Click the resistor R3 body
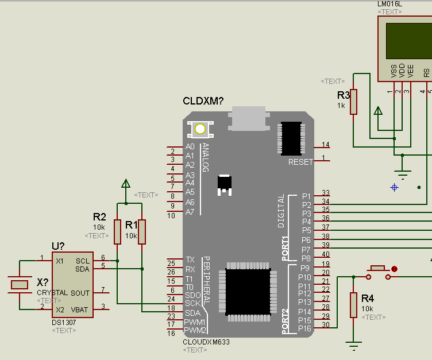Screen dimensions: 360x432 pos(354,102)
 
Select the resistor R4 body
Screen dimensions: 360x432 pos(354,304)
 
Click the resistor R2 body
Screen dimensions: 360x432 pos(117,231)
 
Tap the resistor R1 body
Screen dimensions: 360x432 pos(142,231)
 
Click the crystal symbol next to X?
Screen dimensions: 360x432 pos(20,284)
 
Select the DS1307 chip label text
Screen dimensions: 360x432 pos(63,323)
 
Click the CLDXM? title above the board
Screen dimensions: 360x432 pos(203,101)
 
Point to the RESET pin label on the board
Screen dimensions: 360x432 pos(300,162)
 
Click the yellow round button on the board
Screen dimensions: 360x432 pos(200,129)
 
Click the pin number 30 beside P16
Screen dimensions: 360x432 pos(326,325)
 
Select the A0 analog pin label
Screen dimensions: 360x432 pos(190,147)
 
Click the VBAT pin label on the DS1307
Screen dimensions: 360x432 pos(80,309)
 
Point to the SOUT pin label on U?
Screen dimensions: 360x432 pos(80,293)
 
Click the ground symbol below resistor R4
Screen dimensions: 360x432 pos(354,346)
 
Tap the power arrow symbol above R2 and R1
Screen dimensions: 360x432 pos(125,184)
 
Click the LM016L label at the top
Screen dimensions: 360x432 pos(389,4)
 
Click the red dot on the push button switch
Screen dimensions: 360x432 pos(394,269)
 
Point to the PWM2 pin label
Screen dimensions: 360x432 pos(195,330)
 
